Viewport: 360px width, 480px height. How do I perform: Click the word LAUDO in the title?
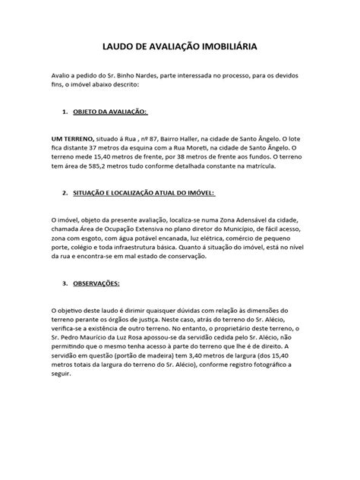(x=119, y=46)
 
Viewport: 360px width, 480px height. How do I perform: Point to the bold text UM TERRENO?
(x=71, y=139)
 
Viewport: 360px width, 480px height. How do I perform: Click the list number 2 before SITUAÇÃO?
(x=64, y=193)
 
